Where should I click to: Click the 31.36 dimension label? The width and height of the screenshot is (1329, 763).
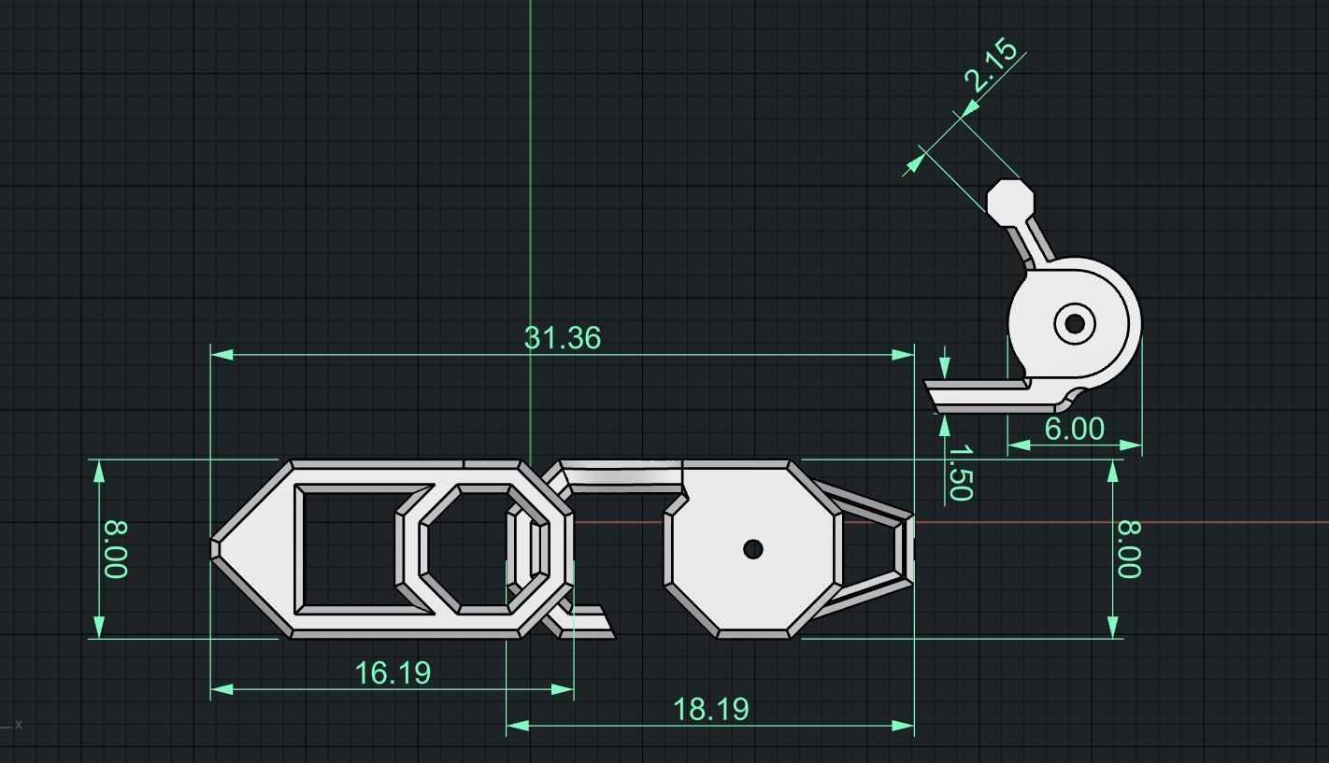(x=562, y=338)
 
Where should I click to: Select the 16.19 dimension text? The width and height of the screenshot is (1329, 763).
(x=393, y=672)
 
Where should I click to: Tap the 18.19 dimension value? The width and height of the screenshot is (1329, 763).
(x=710, y=709)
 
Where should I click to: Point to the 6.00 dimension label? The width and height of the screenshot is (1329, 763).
(x=1074, y=429)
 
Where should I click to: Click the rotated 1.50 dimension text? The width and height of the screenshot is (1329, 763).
(x=960, y=473)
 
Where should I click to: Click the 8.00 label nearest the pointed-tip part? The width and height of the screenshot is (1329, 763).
(x=114, y=549)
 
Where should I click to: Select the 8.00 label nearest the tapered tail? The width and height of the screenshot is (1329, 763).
(x=1128, y=549)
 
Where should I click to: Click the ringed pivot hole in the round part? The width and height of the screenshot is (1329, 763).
(x=1075, y=323)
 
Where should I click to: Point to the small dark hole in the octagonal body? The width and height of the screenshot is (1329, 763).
(x=752, y=549)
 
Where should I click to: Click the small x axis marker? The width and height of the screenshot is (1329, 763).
(x=18, y=724)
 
